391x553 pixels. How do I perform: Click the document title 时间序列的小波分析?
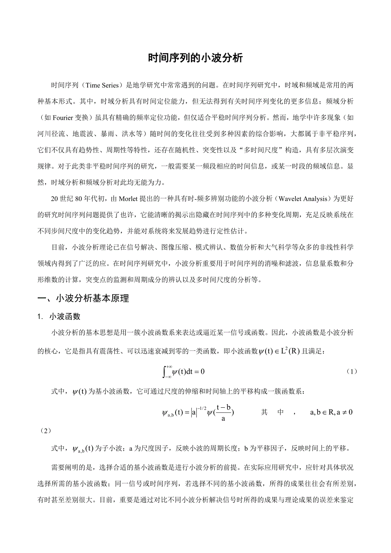click(x=195, y=58)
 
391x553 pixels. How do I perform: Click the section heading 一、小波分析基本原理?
click(x=83, y=298)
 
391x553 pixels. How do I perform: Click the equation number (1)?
click(x=351, y=371)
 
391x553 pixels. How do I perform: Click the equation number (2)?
click(x=45, y=430)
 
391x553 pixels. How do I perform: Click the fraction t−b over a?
click(x=223, y=413)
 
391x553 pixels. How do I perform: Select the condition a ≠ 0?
click(x=344, y=412)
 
